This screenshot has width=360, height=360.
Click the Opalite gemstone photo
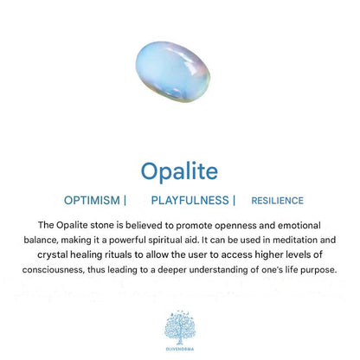[173, 72]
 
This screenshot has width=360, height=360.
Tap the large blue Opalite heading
[179, 171]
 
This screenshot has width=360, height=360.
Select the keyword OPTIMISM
[92, 200]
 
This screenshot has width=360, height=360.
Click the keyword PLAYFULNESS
[190, 200]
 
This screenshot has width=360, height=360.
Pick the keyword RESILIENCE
[277, 201]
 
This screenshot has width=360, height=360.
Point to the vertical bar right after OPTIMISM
[125, 200]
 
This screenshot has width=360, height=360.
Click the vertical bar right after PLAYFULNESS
[234, 200]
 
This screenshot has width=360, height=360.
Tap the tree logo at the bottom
[180, 328]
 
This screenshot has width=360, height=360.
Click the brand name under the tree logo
[180, 349]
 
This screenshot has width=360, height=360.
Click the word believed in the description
[145, 225]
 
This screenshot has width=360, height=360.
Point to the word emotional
[299, 225]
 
